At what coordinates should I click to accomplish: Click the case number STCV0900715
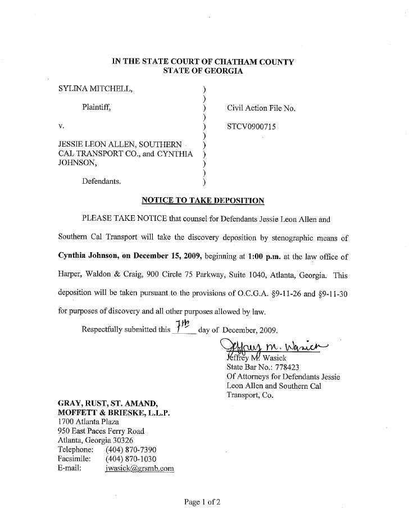tap(251, 128)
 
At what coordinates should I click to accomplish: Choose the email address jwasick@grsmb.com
tap(139, 467)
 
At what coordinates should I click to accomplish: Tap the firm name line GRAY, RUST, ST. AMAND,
tap(103, 403)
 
